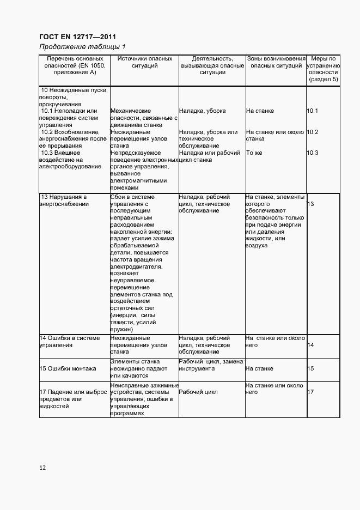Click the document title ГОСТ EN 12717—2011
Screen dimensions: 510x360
[77, 37]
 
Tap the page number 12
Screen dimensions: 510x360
[42, 467]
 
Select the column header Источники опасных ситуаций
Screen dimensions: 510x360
[144, 62]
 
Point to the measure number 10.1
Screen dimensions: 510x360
[312, 111]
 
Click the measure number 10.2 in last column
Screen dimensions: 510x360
[312, 132]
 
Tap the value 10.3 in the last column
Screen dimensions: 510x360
[312, 153]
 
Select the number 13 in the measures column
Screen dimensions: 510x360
[311, 204]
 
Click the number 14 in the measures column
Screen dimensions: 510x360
[311, 345]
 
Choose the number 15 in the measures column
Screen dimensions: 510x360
[311, 369]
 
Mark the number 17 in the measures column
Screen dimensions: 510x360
[311, 392]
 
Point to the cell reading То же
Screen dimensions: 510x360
[254, 153]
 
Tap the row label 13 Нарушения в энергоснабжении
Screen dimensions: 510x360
[64, 201]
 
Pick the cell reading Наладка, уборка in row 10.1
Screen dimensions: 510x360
[202, 111]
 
